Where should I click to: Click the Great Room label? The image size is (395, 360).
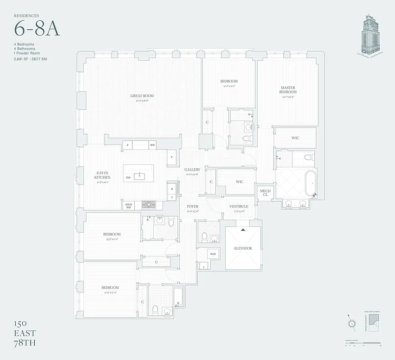pos(142,96)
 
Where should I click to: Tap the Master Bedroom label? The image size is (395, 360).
pos(288,90)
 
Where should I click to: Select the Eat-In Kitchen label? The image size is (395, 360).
pos(102,175)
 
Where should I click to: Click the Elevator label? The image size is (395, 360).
pos(243,248)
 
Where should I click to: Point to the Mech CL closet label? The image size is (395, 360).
pos(264,193)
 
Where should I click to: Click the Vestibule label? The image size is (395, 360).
pos(238,207)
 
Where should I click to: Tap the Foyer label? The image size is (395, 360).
pos(192,207)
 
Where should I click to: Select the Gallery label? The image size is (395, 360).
pos(192,170)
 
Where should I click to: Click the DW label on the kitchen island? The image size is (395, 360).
pos(128,178)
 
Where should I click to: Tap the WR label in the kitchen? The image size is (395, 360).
pos(153,145)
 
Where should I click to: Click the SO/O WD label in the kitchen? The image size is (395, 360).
pos(128,206)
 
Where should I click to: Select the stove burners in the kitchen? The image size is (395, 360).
pos(148,205)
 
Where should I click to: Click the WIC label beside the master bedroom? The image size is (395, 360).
pos(295,138)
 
